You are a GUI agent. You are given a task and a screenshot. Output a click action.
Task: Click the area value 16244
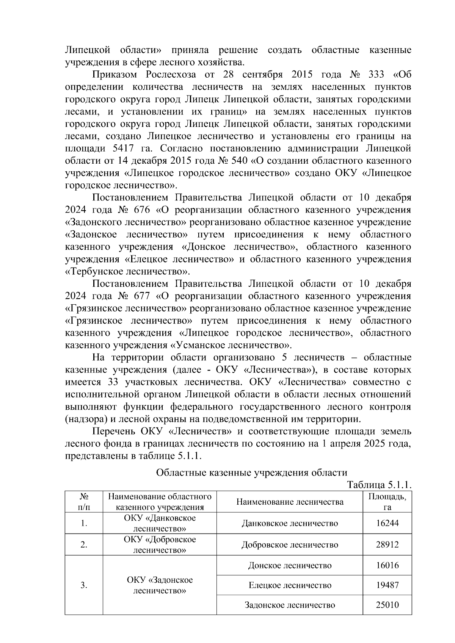[x=387, y=523]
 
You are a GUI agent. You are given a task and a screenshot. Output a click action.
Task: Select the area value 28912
[x=387, y=545]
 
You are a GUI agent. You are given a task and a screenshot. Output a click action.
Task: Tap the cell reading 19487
[x=387, y=585]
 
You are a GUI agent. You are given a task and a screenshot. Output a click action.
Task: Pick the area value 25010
[x=387, y=605]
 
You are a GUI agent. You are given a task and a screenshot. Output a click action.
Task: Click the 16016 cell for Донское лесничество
[x=387, y=565]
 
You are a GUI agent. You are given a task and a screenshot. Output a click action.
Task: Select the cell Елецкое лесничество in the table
[x=290, y=585]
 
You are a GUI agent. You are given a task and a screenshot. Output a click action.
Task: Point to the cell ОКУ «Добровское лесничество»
[x=160, y=544]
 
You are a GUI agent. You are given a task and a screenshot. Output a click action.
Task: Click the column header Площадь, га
[x=387, y=502]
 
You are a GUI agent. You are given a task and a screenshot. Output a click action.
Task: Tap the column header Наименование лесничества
[x=290, y=502]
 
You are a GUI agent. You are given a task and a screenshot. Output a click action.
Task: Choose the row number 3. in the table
[x=84, y=585]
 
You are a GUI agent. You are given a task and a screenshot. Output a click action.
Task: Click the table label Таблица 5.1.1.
[x=379, y=485]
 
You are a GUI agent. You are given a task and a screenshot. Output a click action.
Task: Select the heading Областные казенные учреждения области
[x=251, y=472]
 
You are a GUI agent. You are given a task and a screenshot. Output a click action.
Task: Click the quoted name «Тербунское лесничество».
[x=127, y=272]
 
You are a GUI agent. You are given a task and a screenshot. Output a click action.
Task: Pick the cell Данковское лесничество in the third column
[x=290, y=523]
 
